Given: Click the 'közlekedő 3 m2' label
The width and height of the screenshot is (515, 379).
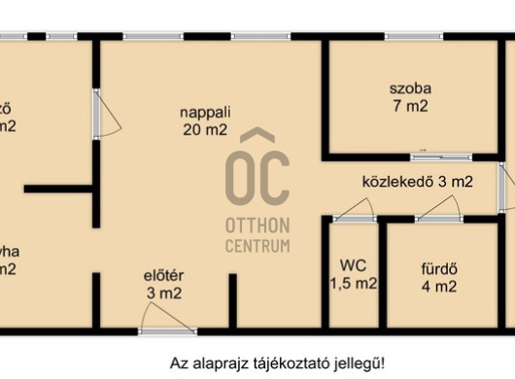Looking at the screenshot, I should pos(417,181).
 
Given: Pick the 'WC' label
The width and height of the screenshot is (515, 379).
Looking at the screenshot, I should pos(352,264).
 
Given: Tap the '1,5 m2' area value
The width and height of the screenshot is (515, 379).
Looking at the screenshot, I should pos(352,284).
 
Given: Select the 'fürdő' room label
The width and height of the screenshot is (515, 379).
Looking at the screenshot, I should pos(438,267).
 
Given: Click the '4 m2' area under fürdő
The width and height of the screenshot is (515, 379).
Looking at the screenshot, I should pos(438,287).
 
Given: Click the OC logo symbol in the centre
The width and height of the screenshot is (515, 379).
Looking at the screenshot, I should pos(257,170).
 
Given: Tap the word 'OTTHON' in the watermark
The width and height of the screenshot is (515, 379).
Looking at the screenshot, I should pos(257,225).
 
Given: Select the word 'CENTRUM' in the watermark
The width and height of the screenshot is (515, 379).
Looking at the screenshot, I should pos(257,245).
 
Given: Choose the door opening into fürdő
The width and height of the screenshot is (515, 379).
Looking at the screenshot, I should pos(437,210).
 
